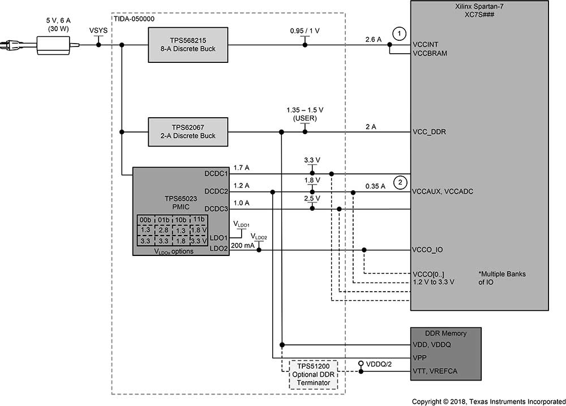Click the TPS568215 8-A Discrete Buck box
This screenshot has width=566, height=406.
coord(188,45)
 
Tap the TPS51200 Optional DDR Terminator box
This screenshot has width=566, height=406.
coord(313,374)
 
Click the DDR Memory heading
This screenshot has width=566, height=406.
coord(445,333)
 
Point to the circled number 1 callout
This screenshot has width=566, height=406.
coord(400,33)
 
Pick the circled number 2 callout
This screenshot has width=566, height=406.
coord(400,182)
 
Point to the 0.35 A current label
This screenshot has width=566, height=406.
coord(375,186)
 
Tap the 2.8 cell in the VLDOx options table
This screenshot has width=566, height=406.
coord(164,230)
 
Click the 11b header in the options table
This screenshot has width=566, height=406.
coord(199,220)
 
